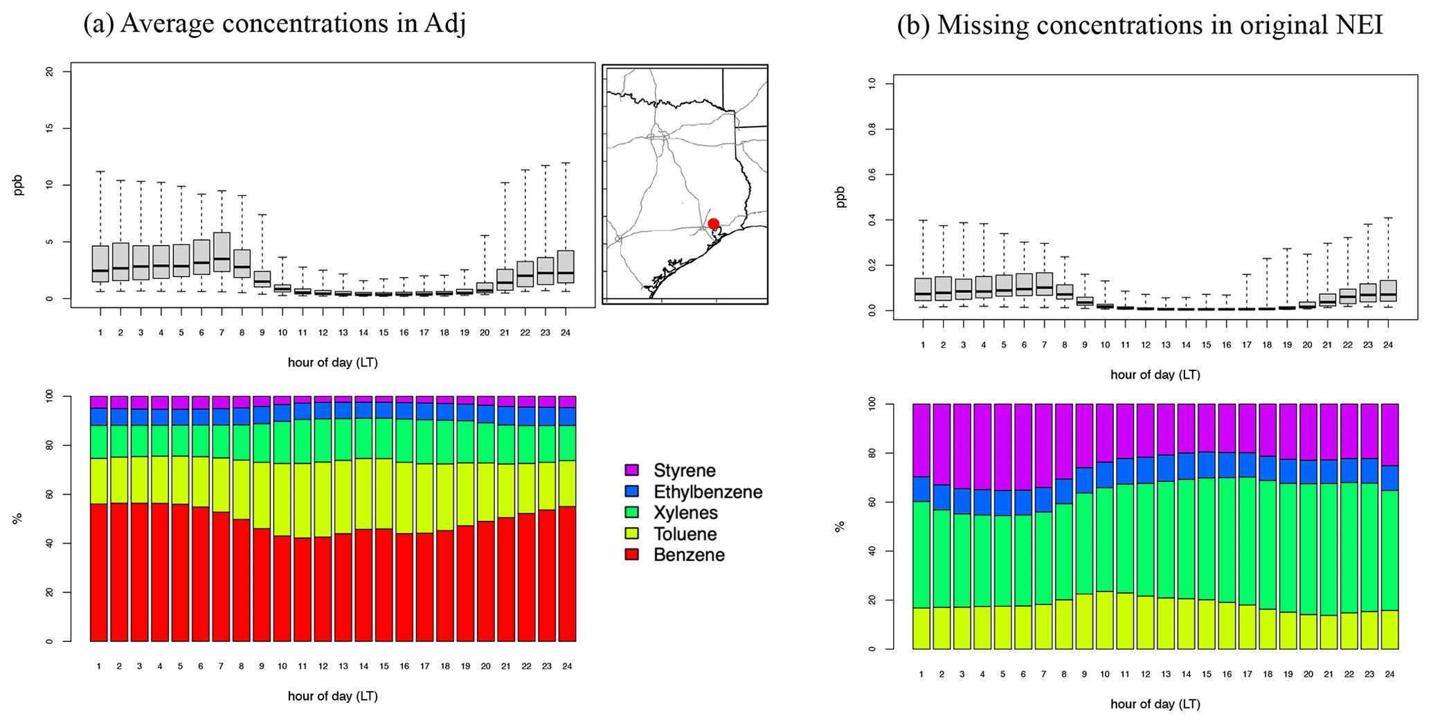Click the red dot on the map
click(x=713, y=224)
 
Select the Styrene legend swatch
click(x=631, y=470)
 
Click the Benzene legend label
click(x=688, y=555)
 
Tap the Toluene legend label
click(x=685, y=534)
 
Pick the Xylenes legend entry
click(x=685, y=513)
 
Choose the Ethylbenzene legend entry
click(x=708, y=492)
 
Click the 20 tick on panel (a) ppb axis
click(x=48, y=72)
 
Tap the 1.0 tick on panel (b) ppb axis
click(x=871, y=83)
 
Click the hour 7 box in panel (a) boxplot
click(x=222, y=252)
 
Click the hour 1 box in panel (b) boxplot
click(x=922, y=289)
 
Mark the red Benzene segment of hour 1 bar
click(x=99, y=572)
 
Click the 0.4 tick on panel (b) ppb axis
click(x=871, y=220)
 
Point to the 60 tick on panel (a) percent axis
click(x=48, y=494)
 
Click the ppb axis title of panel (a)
click(x=19, y=185)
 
